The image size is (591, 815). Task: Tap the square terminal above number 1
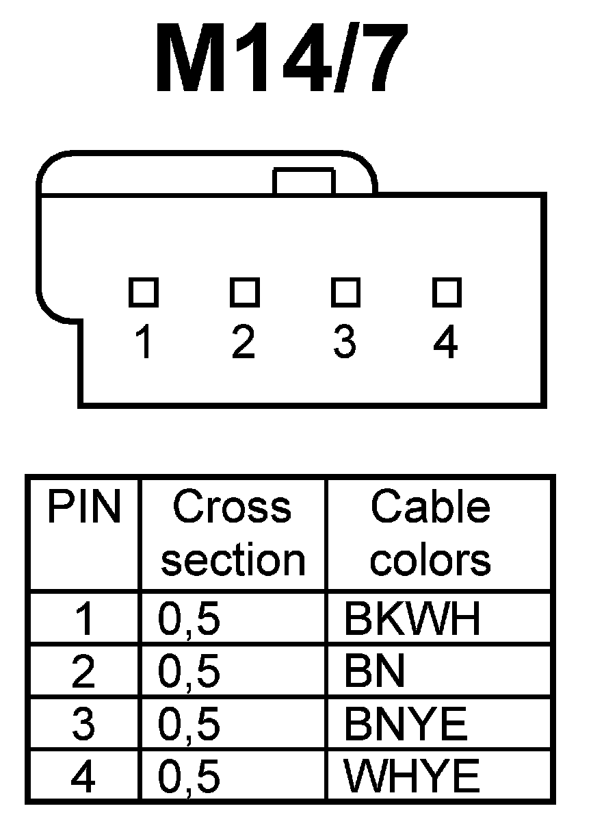tap(144, 292)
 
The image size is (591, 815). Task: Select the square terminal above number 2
tap(244, 292)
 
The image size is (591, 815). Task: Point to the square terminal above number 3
tap(345, 292)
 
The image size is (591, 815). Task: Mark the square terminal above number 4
tap(446, 292)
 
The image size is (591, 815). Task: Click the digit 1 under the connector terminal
tap(143, 342)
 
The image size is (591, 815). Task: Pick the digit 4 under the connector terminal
tap(446, 342)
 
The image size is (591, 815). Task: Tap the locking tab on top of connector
tap(304, 181)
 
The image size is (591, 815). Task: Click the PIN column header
tap(83, 508)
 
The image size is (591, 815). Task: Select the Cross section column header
tap(233, 534)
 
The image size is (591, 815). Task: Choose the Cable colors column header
tap(430, 534)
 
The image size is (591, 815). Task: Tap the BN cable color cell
tap(375, 672)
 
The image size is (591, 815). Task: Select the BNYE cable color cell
tap(406, 725)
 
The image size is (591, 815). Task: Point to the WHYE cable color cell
tap(412, 777)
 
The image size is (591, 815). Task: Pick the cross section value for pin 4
tap(189, 777)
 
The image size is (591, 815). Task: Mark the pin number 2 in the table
tap(83, 672)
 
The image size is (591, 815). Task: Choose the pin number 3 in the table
tap(83, 725)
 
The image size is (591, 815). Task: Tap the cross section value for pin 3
tap(189, 725)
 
